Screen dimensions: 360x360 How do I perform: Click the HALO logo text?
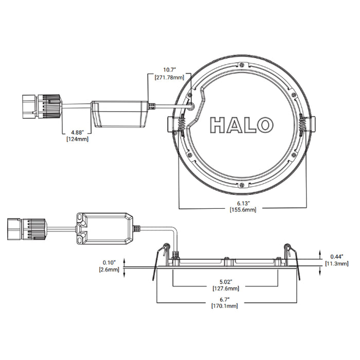(x=241, y=124)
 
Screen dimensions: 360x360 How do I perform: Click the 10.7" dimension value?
(x=169, y=69)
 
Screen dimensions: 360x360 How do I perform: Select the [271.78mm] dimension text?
(x=169, y=77)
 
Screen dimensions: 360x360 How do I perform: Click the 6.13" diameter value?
(x=243, y=202)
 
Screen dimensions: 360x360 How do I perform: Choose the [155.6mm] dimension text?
(x=243, y=210)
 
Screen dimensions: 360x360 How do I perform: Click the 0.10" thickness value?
(x=109, y=262)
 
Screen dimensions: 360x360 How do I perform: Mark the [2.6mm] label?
(x=109, y=269)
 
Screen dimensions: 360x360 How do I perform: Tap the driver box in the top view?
(x=119, y=113)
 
